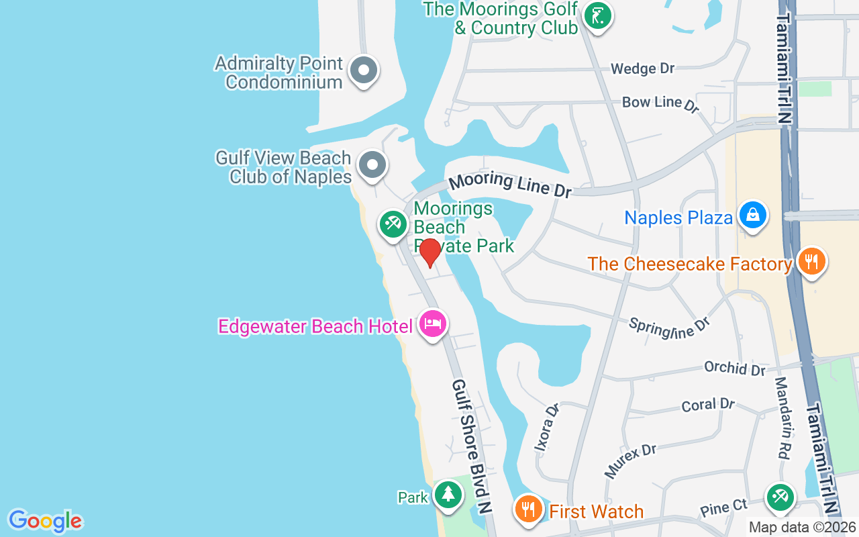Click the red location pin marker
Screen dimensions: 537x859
pos(429,252)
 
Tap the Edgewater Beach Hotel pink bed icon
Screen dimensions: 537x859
pos(433,324)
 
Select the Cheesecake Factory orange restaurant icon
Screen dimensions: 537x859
pos(812,262)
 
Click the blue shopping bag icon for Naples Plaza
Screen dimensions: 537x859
pos(753,215)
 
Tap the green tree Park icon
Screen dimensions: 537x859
pos(448,495)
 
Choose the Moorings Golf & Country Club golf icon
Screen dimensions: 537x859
pos(596,15)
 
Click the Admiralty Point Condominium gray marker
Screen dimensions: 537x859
pos(364,70)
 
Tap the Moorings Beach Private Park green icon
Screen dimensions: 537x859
pos(393,224)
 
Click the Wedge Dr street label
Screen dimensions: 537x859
pos(642,68)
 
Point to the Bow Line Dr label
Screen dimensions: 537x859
pos(660,103)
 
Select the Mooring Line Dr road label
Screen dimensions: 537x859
pos(510,185)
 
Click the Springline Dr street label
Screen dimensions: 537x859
pos(669,327)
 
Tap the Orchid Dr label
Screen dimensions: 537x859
pos(734,368)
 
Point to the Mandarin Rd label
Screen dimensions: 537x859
pos(781,418)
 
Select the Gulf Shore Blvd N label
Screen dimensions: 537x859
pos(472,447)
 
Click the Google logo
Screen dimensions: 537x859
pos(45,521)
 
